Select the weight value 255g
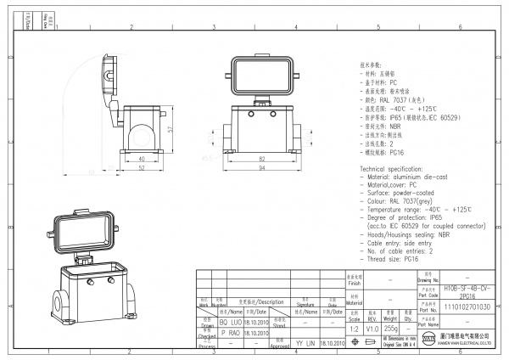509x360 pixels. tap(392, 326)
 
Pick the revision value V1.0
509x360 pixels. tap(372, 326)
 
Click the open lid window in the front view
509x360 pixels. tap(259, 75)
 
